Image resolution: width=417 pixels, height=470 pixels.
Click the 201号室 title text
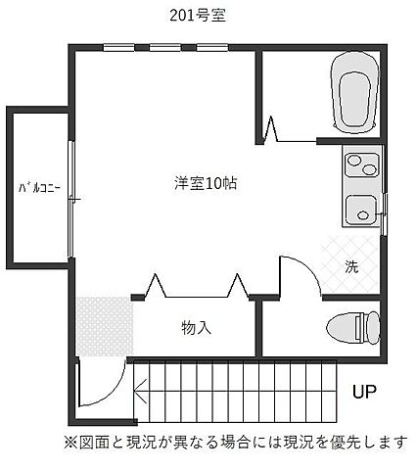tap(198, 16)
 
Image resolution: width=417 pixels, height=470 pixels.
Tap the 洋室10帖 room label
tap(206, 183)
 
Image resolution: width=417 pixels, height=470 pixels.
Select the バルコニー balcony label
tap(39, 188)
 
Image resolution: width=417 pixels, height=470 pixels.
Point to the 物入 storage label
tap(196, 328)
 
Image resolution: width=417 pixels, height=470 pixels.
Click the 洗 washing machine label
tap(351, 267)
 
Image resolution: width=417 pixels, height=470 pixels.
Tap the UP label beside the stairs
tap(364, 391)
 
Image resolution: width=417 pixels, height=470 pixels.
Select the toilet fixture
tap(353, 328)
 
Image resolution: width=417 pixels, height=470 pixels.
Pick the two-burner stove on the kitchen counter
tap(361, 164)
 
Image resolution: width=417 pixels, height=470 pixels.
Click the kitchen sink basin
tap(361, 210)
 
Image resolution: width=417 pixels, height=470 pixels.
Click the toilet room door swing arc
tap(305, 270)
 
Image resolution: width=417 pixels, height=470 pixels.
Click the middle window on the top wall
tap(165, 48)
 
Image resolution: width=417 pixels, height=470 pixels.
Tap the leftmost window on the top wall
tap(118, 48)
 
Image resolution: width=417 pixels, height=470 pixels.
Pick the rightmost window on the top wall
tap(212, 48)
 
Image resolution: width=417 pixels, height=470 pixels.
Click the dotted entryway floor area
tap(105, 326)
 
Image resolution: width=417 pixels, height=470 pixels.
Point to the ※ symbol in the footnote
tap(69, 443)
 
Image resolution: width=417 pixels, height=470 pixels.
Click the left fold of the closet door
tap(156, 286)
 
